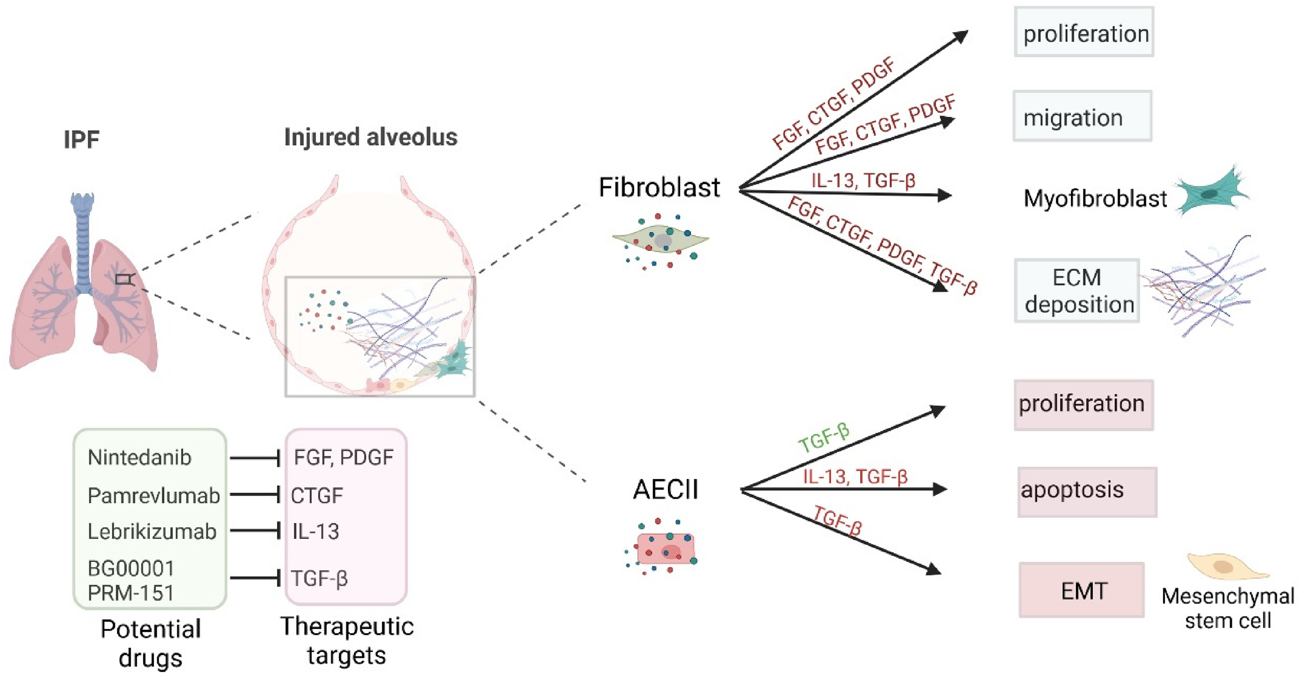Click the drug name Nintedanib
[x=139, y=458]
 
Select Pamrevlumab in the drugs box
[x=154, y=495]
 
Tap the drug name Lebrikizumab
[x=152, y=532]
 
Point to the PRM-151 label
[x=131, y=593]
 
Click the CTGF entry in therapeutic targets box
[x=317, y=495]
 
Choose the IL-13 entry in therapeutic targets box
[x=315, y=532]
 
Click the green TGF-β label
[x=824, y=438]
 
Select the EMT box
[x=1082, y=589]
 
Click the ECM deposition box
[x=1077, y=291]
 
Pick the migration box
[x=1083, y=116]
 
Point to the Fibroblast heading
[x=659, y=187]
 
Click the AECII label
[x=665, y=490]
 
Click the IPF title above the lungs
[x=81, y=139]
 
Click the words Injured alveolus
[x=371, y=137]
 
